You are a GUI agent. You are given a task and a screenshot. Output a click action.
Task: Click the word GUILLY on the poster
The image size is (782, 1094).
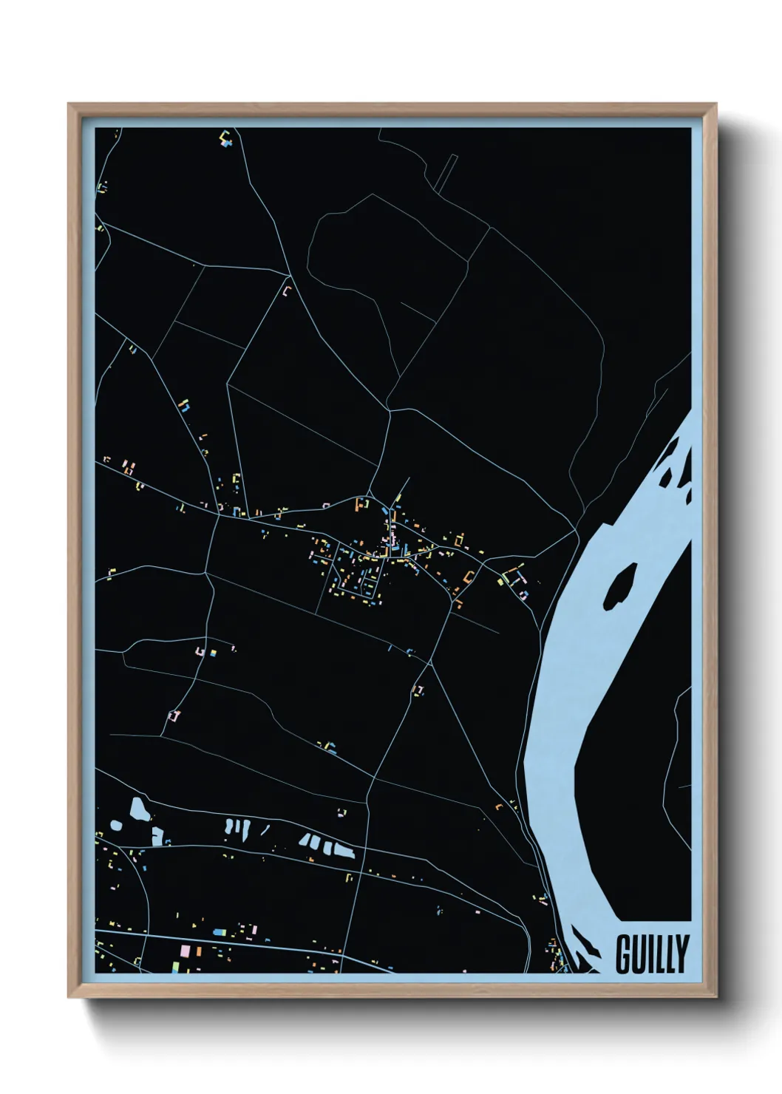tap(652, 954)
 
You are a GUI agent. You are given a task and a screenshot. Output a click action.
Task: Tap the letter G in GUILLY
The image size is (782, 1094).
tap(622, 954)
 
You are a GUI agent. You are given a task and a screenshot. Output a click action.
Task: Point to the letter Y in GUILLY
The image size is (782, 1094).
tap(681, 954)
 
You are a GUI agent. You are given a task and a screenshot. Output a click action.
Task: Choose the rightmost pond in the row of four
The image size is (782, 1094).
tap(344, 849)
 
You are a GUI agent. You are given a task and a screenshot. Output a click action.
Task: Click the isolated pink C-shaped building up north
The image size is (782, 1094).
tap(288, 291)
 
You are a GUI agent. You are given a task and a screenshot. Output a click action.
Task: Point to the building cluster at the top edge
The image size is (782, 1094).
tap(226, 137)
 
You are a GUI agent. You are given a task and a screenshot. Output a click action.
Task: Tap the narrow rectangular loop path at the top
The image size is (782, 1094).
tap(446, 174)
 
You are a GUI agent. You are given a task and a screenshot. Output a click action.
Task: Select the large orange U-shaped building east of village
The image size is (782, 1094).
tap(469, 577)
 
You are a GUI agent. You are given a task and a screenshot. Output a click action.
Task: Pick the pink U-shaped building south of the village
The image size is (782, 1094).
tap(418, 690)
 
